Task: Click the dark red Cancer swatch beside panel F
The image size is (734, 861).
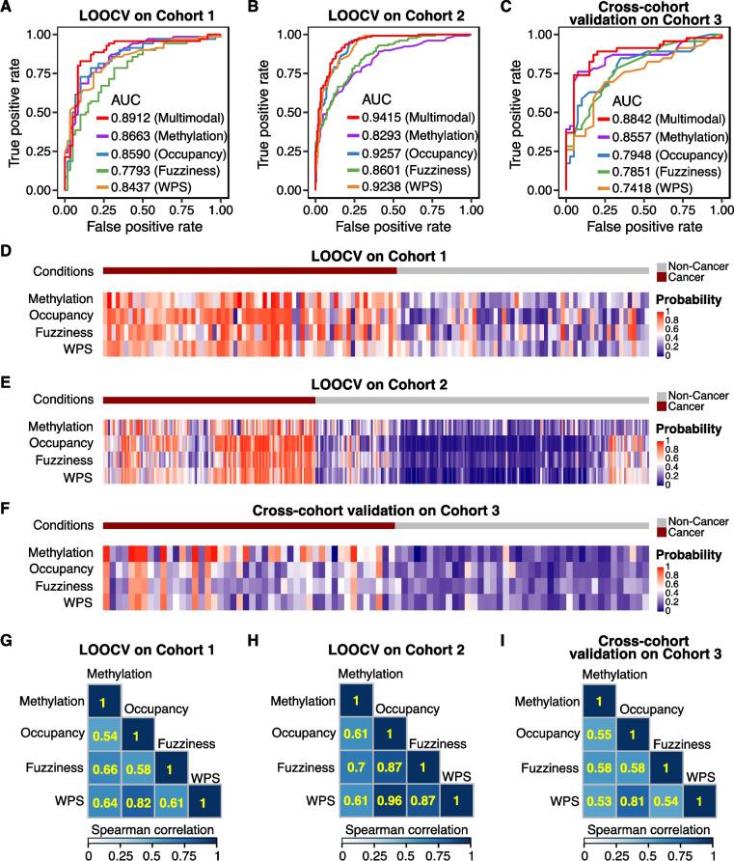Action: (x=661, y=532)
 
